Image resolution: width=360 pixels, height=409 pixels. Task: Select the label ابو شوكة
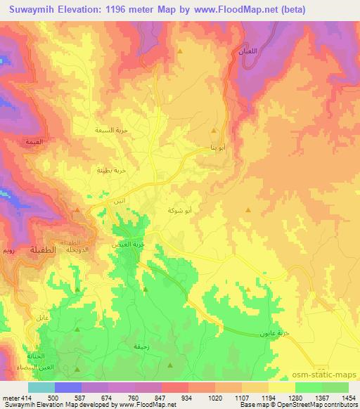tap(179, 210)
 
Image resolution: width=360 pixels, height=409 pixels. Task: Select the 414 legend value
tap(22, 398)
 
